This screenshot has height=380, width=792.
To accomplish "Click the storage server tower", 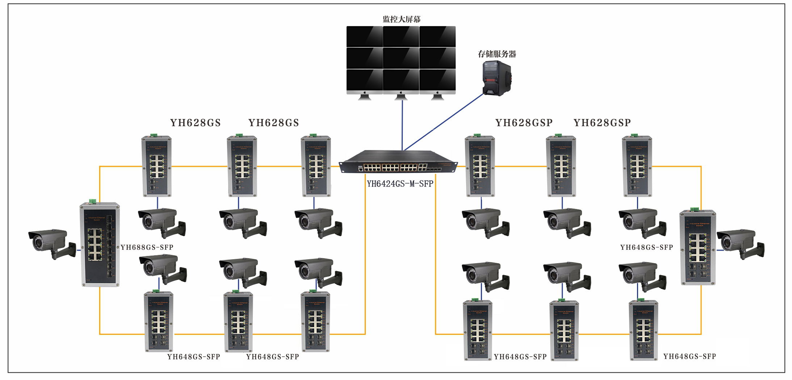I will [496, 78].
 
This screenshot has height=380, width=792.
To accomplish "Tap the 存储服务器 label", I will [497, 54].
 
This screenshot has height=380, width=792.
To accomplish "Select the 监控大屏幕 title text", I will [402, 20].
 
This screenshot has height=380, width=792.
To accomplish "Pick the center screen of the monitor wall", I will [401, 58].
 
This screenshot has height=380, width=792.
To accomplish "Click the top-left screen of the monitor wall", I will [364, 36].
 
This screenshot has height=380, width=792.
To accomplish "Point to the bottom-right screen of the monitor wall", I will [437, 80].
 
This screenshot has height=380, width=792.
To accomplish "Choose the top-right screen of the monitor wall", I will [437, 36].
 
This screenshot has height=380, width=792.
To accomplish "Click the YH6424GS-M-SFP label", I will [400, 184].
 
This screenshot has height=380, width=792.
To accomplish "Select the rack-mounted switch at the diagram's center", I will [398, 162].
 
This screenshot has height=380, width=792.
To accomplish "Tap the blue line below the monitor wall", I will [402, 125].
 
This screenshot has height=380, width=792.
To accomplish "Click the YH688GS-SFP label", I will [147, 247].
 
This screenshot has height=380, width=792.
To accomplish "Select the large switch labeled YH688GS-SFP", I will [100, 244].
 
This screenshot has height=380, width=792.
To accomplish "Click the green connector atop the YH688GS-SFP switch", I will [92, 201].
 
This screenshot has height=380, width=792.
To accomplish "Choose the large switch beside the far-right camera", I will [697, 248].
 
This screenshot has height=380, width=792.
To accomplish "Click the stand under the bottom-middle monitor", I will [401, 97].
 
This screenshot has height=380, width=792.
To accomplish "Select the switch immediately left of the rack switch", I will [316, 166].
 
